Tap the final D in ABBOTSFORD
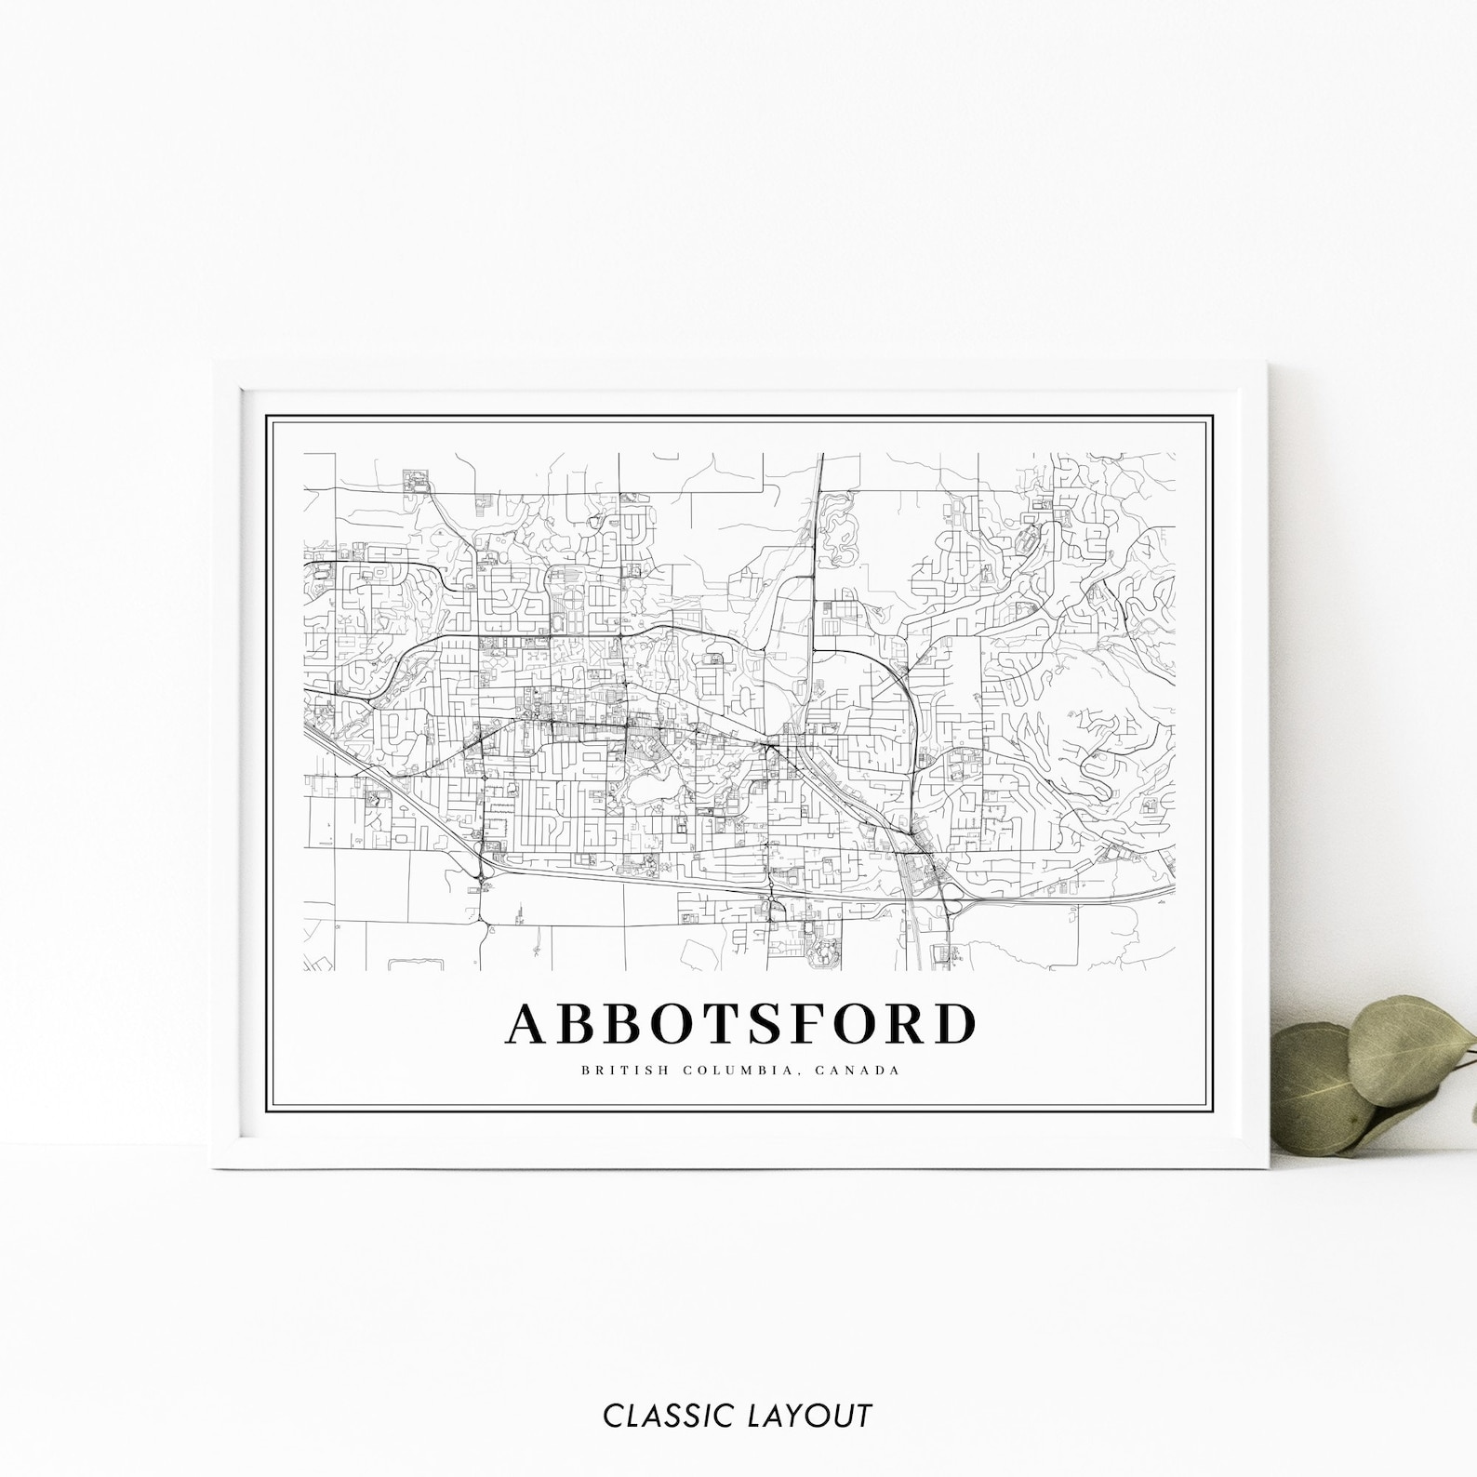click(x=954, y=1024)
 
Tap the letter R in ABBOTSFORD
click(x=902, y=1024)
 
